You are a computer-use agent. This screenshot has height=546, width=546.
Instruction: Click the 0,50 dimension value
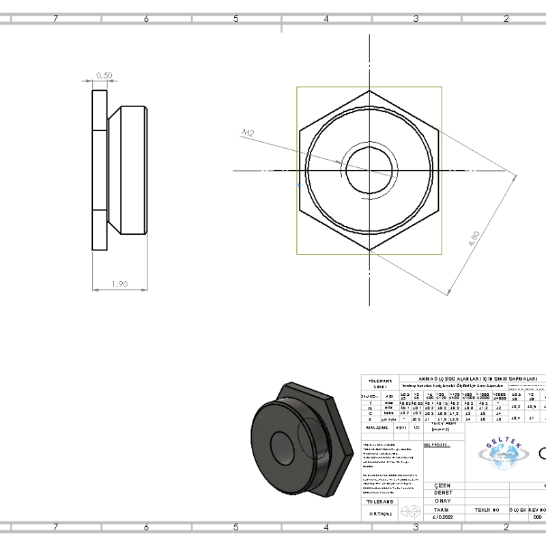104,75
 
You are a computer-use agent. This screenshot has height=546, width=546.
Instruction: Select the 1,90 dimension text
119,284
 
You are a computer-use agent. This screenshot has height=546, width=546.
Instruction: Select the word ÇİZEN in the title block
443,485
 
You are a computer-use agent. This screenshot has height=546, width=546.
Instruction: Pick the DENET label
443,493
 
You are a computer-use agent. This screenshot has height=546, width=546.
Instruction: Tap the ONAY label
442,500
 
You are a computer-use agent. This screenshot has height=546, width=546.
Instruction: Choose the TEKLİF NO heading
487,509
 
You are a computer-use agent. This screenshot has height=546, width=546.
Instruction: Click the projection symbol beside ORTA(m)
410,511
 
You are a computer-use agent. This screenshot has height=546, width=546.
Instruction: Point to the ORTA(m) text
379,513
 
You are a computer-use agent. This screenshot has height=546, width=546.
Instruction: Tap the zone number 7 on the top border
55,19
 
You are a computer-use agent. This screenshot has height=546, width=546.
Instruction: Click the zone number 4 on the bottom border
326,527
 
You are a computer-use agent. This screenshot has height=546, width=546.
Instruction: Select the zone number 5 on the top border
235,19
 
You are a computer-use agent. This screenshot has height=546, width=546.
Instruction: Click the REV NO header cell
537,509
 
